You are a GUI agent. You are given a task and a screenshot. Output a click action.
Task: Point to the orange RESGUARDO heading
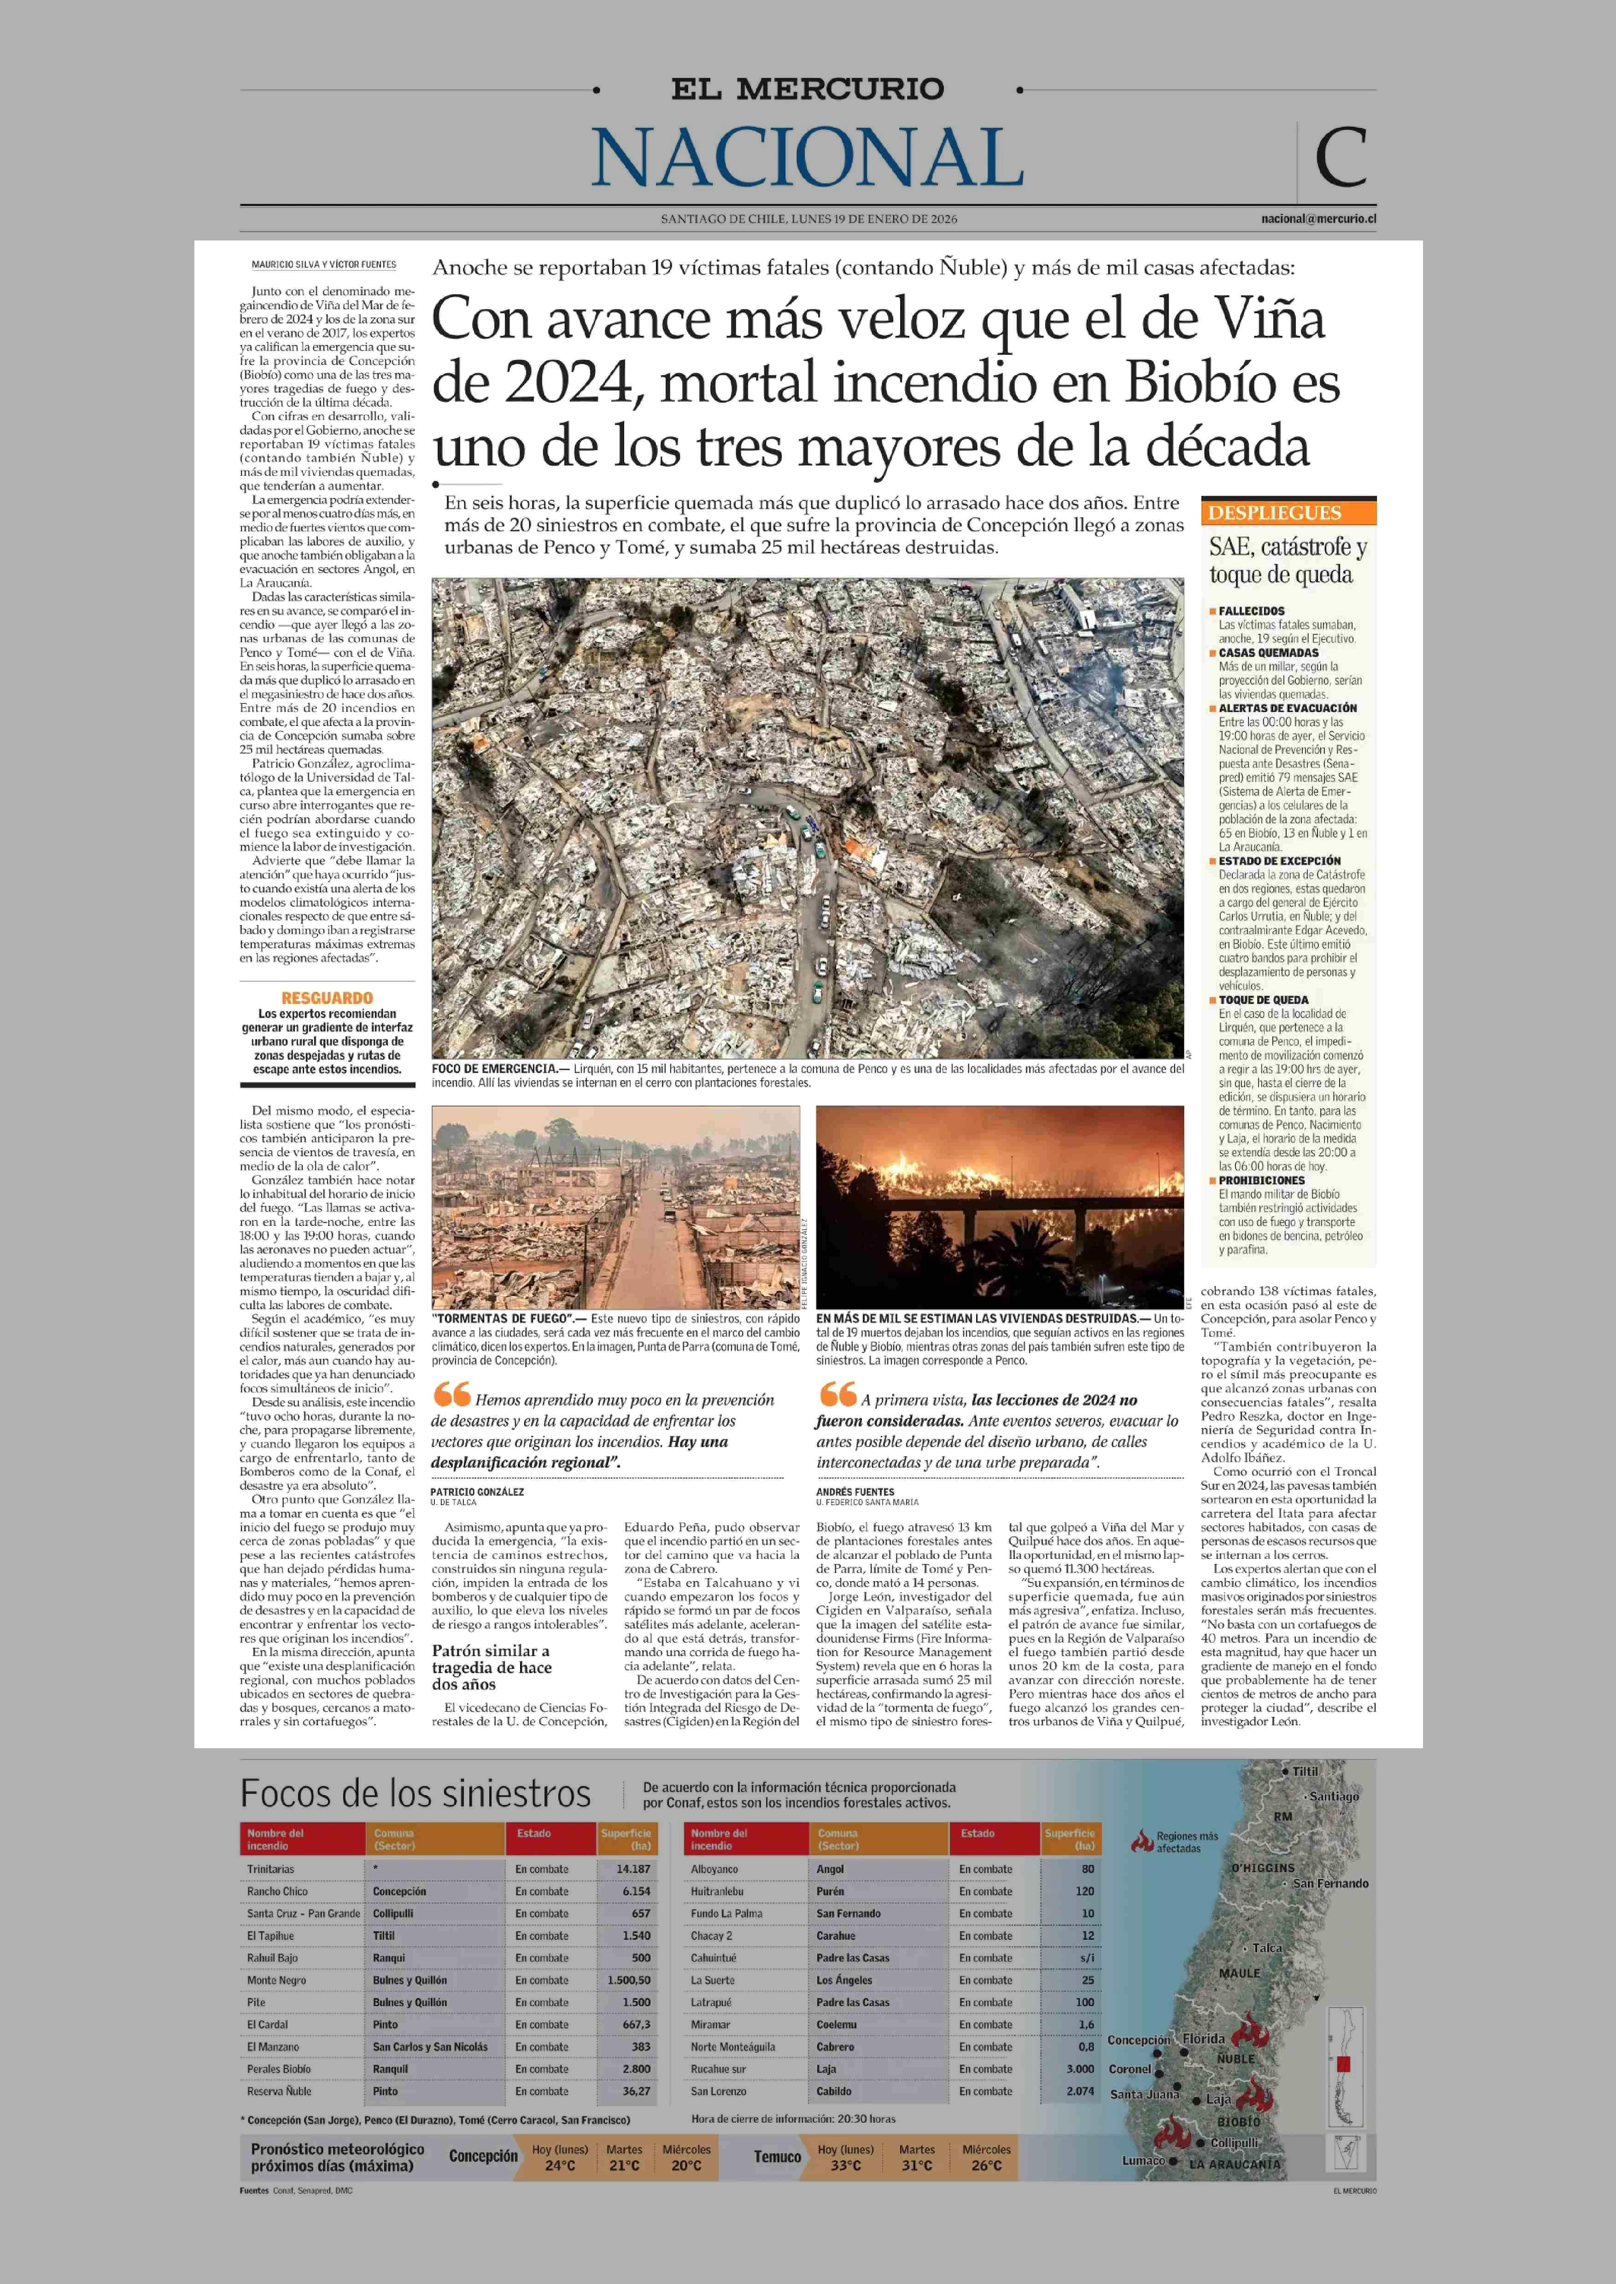pyautogui.click(x=327, y=997)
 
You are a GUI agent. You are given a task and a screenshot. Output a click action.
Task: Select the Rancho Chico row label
pyautogui.click(x=278, y=1891)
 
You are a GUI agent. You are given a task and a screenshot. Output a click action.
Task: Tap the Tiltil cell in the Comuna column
pyautogui.click(x=384, y=1936)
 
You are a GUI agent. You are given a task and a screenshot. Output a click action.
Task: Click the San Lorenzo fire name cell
pyautogui.click(x=719, y=2091)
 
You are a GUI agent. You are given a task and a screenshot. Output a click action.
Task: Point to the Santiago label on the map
pyautogui.click(x=1334, y=1796)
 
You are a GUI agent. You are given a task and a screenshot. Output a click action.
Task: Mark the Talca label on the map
pyautogui.click(x=1267, y=1948)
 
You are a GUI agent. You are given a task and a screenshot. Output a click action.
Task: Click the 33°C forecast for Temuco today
pyautogui.click(x=846, y=2166)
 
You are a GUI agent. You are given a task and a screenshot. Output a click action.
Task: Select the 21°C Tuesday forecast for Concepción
pyautogui.click(x=624, y=2166)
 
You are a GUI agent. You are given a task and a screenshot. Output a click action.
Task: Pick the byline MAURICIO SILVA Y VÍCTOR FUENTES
pyautogui.click(x=323, y=265)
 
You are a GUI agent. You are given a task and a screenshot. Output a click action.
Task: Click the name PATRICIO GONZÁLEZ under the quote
pyautogui.click(x=477, y=1492)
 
